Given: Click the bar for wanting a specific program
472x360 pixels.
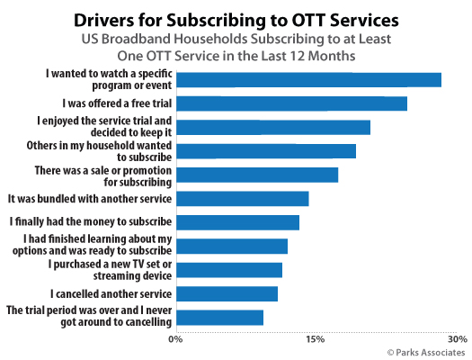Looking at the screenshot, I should point(307,80).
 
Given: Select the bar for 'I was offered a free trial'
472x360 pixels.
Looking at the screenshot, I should point(290,103).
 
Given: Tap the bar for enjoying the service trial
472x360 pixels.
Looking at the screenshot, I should point(272,127).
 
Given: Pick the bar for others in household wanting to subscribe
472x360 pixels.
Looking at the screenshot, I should point(265,151).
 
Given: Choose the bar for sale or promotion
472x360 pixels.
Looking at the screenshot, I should point(256,175).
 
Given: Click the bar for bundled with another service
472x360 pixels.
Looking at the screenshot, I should point(242,199).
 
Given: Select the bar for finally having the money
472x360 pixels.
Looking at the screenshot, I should point(236,222).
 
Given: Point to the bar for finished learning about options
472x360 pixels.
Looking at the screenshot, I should point(231,246).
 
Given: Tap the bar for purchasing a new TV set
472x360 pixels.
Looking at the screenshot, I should point(228,270).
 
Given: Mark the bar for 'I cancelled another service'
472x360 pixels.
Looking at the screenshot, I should point(226,293).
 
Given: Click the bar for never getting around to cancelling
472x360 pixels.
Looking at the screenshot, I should point(218,317).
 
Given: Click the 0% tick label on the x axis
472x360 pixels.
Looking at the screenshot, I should point(176,339).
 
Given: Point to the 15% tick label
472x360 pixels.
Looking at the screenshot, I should point(315,339).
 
